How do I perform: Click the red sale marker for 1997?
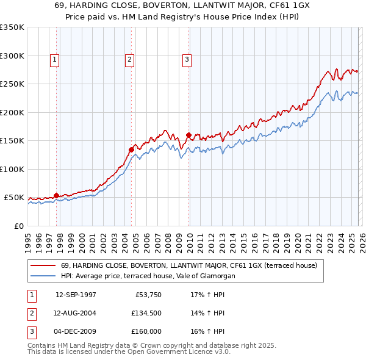coord(57,195)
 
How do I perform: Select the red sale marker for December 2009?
coord(188,135)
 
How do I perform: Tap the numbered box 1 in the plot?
coord(55,60)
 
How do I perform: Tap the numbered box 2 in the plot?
coord(130,60)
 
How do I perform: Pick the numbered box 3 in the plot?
coord(187,60)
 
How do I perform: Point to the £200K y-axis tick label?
coord(12,112)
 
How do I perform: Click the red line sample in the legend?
coord(43,266)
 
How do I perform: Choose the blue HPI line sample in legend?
coord(43,276)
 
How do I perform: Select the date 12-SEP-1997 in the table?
coord(76,295)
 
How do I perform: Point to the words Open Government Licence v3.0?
coord(182,352)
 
